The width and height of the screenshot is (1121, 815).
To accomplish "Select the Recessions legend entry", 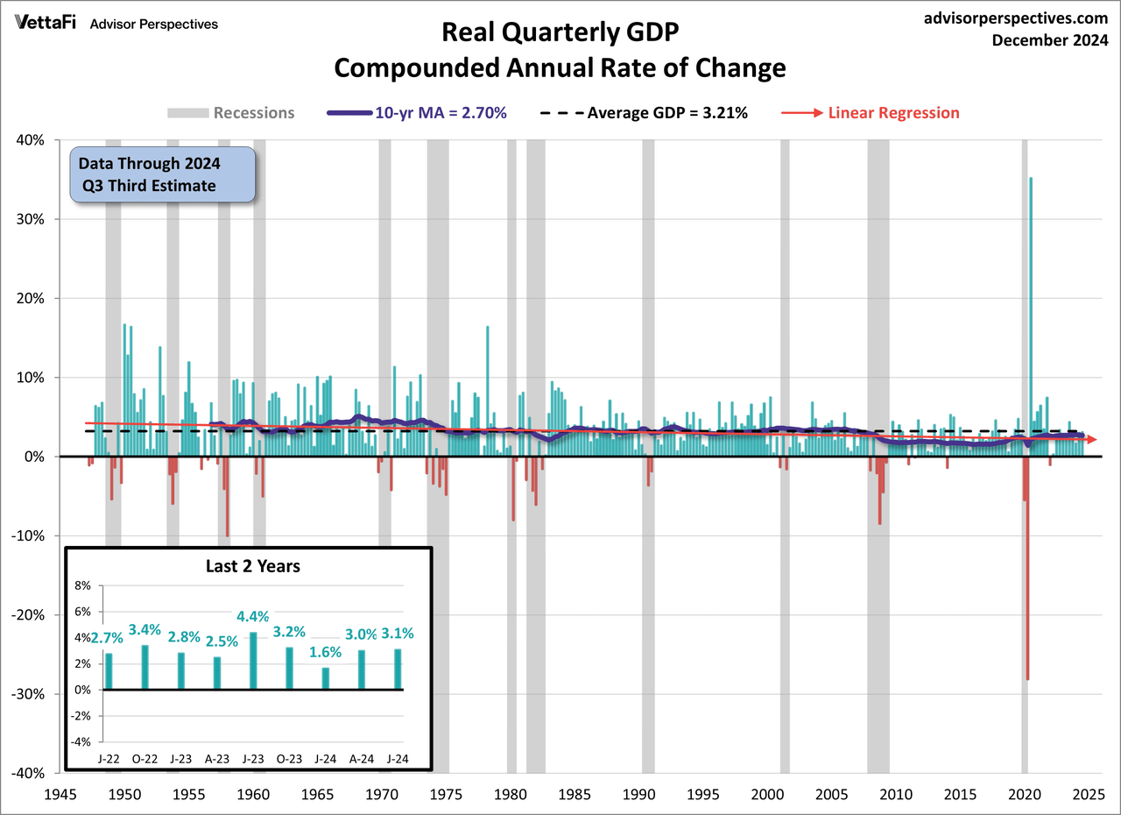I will click(231, 112).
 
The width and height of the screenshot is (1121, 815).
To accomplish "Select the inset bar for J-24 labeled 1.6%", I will click(326, 678).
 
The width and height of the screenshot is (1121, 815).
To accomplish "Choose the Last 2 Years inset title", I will click(247, 566).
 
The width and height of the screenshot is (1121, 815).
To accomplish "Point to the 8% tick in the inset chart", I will click(82, 585).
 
